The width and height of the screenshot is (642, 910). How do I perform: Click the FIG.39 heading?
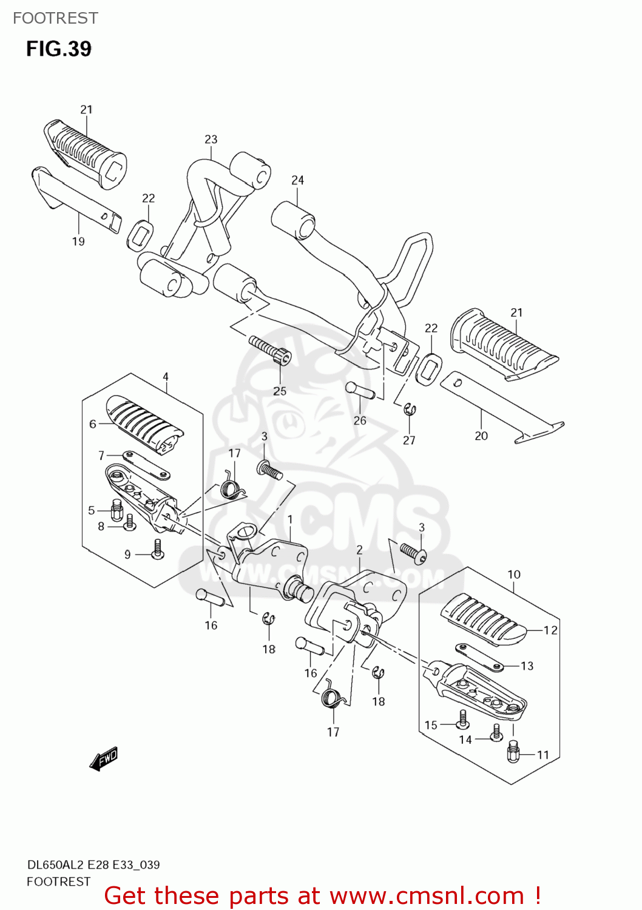pos(58,49)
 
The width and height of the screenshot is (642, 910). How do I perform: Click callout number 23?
pos(211,139)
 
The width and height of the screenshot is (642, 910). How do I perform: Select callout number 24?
pos(297,180)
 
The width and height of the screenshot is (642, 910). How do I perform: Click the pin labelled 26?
pos(360,390)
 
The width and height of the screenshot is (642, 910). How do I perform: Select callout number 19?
pos(78,241)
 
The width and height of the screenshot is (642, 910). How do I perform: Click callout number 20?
pos(481,436)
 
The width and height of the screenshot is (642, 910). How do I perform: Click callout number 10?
pos(513,574)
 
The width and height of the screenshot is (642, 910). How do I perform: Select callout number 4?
pos(166,377)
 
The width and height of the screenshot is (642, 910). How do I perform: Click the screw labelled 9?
pos(157,549)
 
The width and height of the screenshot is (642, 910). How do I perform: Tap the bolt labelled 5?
pos(117,510)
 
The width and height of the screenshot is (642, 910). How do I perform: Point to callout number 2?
pos(359,550)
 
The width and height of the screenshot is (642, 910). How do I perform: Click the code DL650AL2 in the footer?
pos(55,864)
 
